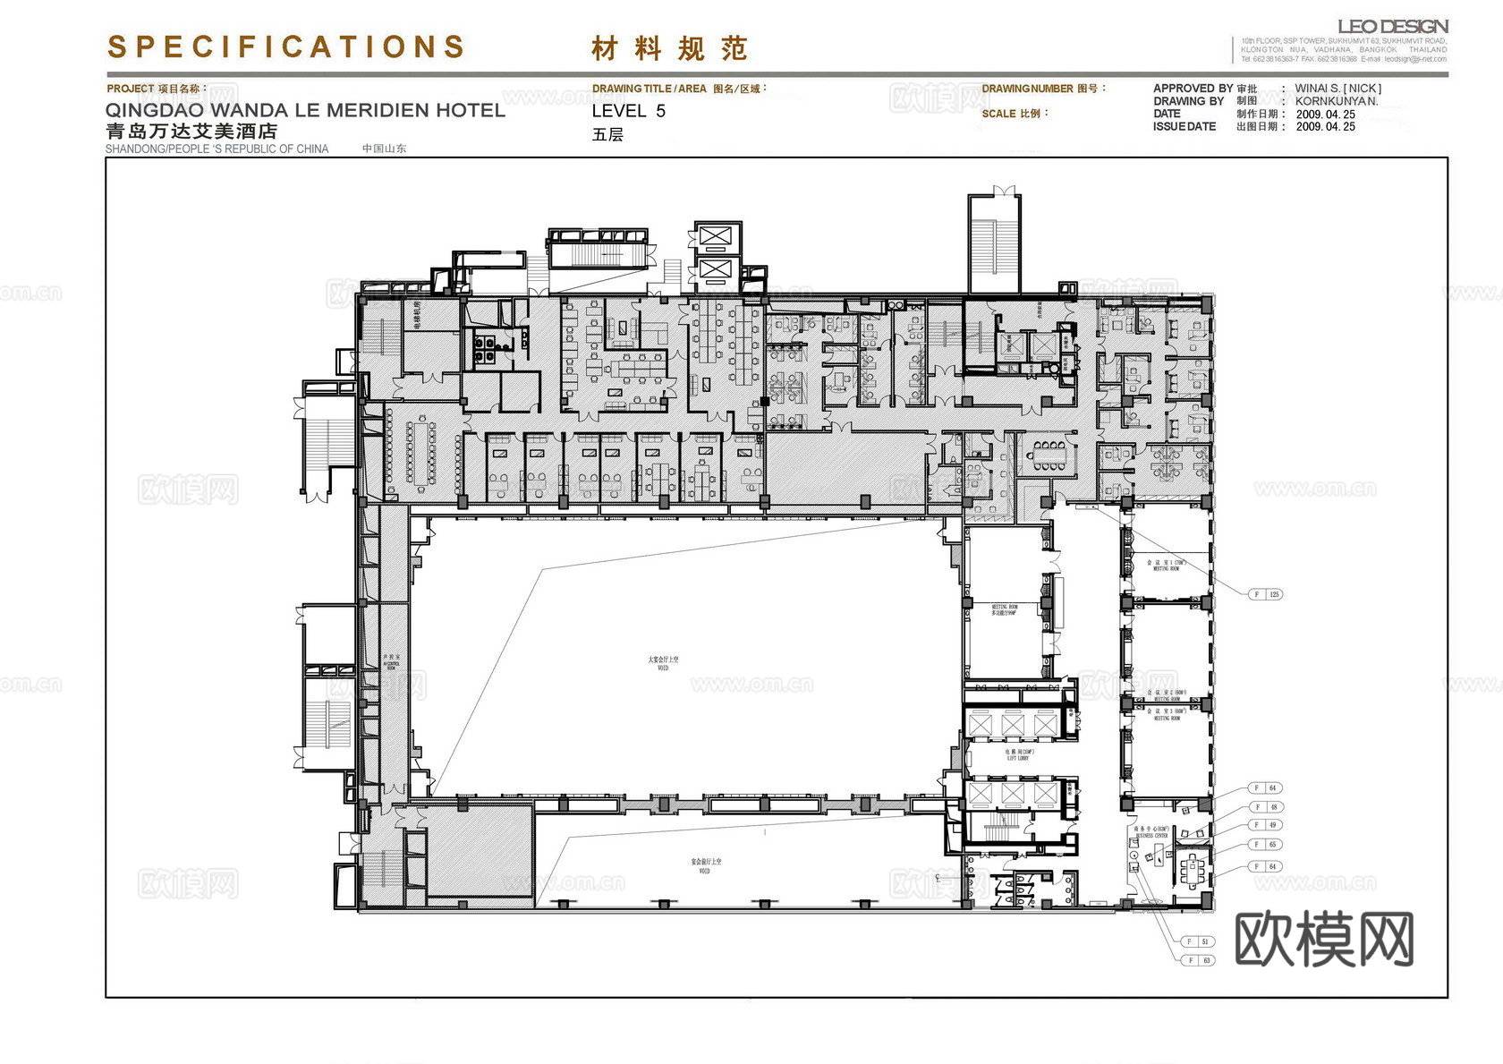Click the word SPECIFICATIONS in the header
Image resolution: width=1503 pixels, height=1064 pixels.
click(x=286, y=47)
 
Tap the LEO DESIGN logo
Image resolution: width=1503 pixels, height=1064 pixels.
click(x=1392, y=27)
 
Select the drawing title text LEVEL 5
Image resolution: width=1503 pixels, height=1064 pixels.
click(x=628, y=111)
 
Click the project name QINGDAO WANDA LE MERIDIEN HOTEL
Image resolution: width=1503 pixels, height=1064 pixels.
click(x=305, y=110)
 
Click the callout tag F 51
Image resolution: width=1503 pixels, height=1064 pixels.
click(x=1198, y=941)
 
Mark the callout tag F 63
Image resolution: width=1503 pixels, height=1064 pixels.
click(x=1198, y=960)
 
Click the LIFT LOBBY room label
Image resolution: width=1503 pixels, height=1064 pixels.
click(x=1018, y=756)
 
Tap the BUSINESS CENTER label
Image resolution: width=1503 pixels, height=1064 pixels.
click(x=1151, y=833)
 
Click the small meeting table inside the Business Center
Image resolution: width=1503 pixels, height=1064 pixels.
click(x=1191, y=866)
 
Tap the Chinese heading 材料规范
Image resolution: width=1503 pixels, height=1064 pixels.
click(x=668, y=48)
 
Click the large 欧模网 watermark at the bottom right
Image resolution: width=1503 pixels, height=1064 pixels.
click(x=1323, y=939)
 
